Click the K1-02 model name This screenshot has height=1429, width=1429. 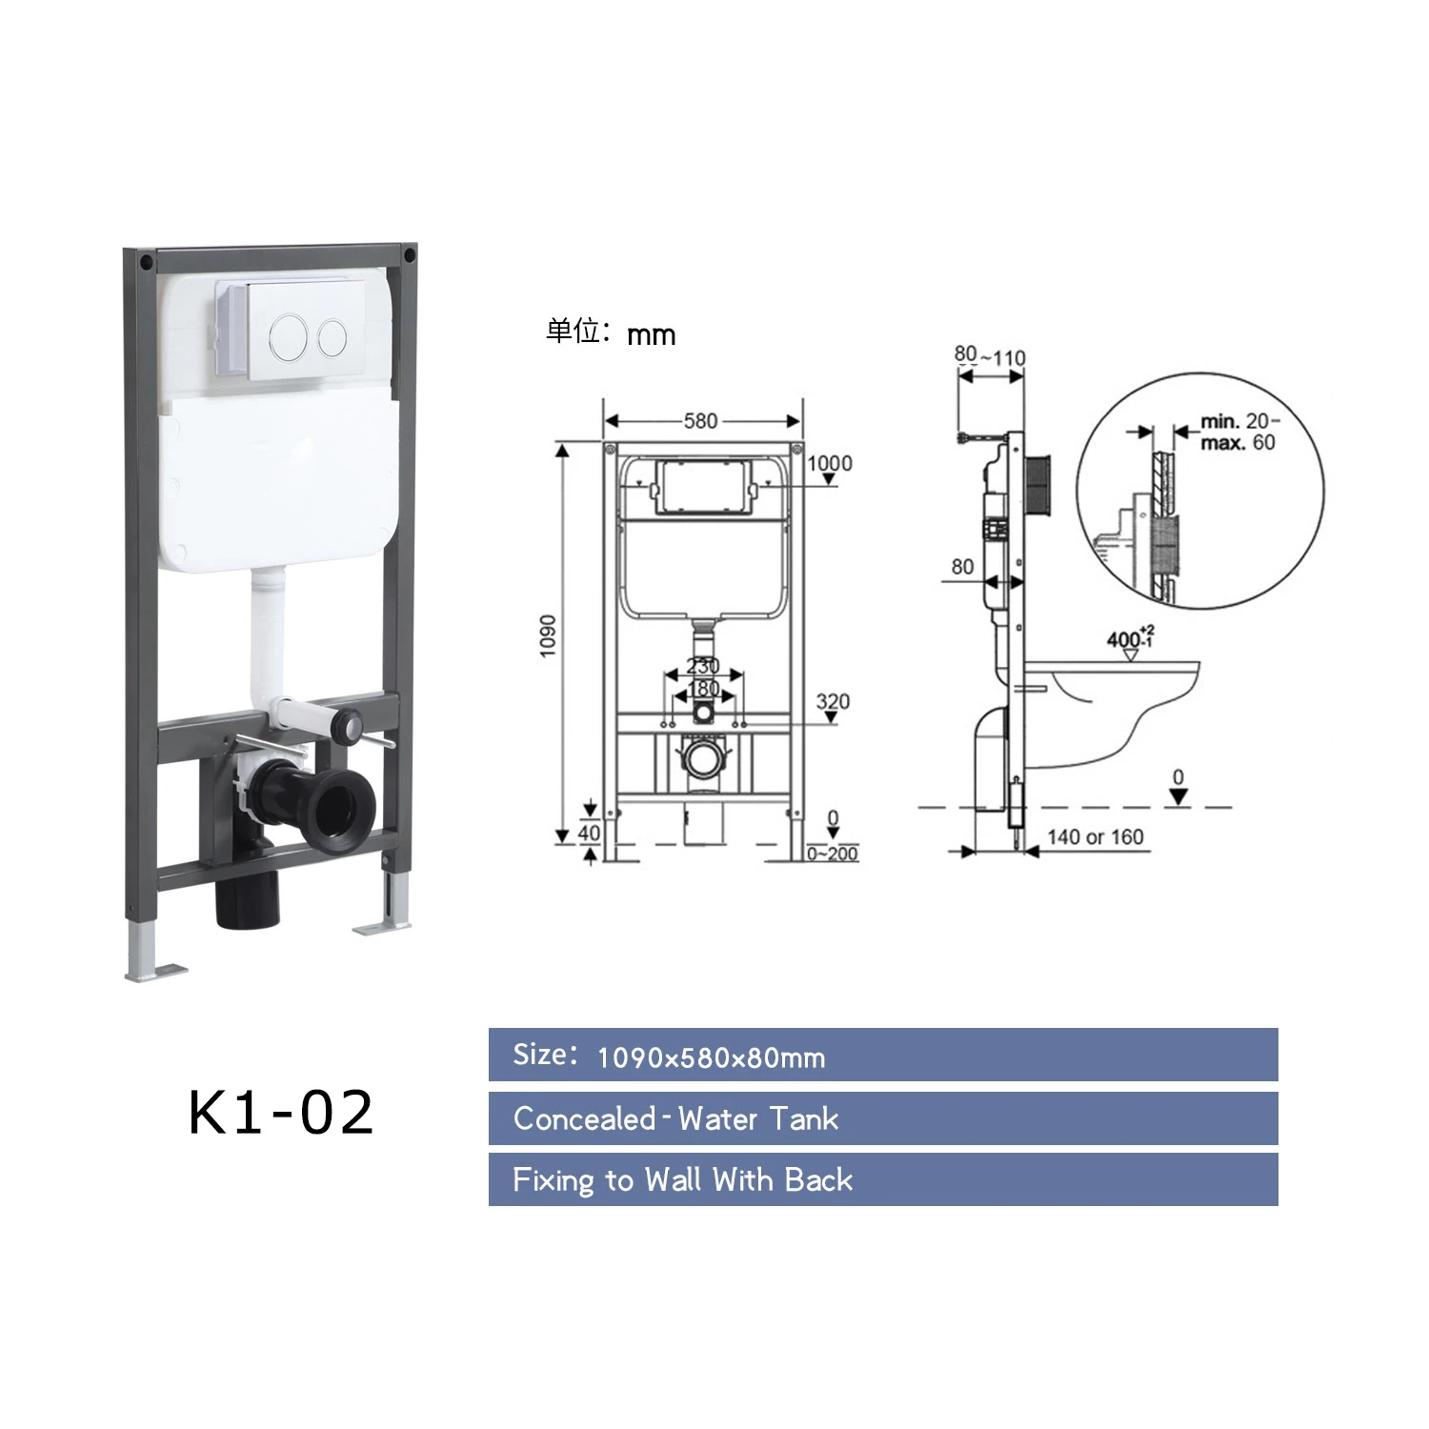(281, 1112)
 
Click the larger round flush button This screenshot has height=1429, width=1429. (289, 335)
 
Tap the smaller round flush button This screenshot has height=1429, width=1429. (332, 336)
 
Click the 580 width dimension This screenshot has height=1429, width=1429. (700, 421)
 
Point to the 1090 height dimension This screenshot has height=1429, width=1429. (548, 635)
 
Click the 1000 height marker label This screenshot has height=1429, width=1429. (830, 463)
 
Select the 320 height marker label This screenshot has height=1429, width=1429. (833, 701)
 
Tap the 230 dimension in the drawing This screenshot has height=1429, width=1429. (703, 666)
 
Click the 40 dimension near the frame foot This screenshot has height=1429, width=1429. (590, 832)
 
